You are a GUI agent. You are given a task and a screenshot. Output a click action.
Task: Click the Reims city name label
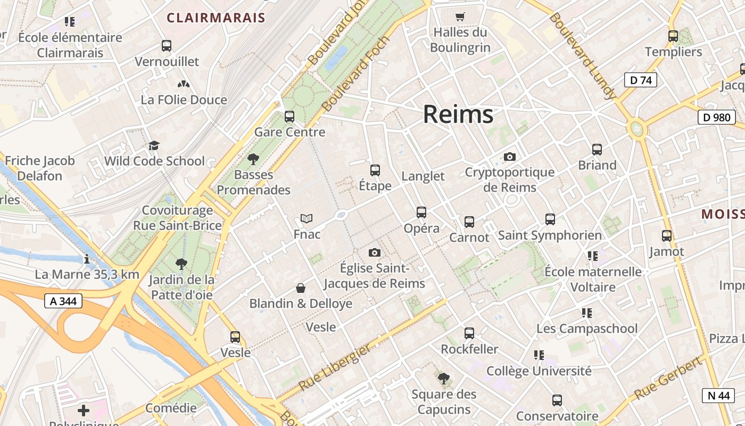click(458, 114)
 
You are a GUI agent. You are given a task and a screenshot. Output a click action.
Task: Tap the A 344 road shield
click(63, 301)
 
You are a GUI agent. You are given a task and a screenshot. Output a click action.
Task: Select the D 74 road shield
click(640, 80)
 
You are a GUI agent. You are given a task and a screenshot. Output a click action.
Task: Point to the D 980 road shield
click(716, 117)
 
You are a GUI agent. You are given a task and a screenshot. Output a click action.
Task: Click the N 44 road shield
click(719, 395)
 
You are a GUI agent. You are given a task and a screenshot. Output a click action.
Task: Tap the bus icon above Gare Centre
click(289, 116)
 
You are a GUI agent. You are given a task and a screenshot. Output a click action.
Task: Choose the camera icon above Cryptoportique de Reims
click(510, 157)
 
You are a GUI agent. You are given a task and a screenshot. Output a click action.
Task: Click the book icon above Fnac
click(307, 218)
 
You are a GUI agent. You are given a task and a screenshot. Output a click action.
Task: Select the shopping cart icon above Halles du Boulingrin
click(460, 17)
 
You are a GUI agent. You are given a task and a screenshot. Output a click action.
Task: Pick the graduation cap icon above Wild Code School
click(154, 145)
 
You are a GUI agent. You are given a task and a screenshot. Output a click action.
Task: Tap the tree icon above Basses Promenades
click(253, 159)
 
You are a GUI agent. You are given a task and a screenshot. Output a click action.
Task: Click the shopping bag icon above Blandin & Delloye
click(301, 288)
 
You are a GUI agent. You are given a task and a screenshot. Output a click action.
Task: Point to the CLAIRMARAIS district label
click(216, 18)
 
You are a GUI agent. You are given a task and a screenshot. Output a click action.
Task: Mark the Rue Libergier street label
click(335, 367)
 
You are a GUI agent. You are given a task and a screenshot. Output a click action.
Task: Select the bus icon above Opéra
click(421, 212)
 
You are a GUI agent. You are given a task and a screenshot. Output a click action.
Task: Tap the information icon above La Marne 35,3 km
click(87, 259)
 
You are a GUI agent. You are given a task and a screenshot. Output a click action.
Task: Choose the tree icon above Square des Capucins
click(443, 379)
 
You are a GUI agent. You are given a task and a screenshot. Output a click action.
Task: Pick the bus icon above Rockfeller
click(469, 333)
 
